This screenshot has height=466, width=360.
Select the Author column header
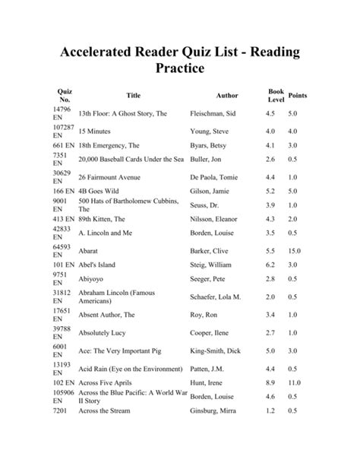click(x=226, y=96)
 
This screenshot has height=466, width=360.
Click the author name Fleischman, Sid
click(x=216, y=113)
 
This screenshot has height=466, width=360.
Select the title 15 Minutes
click(x=94, y=131)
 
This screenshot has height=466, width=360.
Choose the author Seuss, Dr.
click(x=206, y=205)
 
